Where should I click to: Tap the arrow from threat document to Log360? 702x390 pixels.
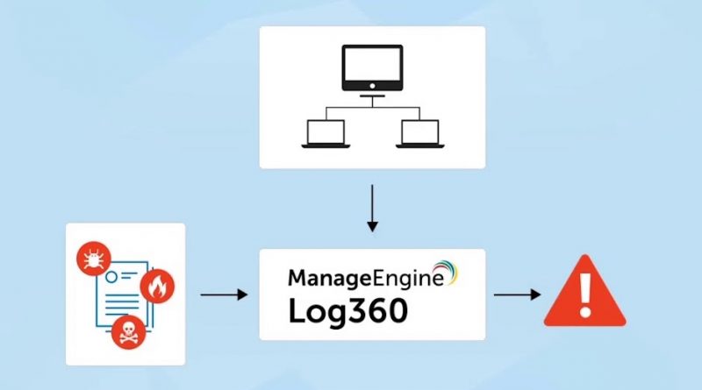[x=224, y=295]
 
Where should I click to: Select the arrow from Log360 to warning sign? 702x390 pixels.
[x=517, y=295]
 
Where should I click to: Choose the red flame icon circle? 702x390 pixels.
[x=158, y=286]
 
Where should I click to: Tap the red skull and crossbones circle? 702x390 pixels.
[x=128, y=332]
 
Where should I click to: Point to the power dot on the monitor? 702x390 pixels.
[x=372, y=87]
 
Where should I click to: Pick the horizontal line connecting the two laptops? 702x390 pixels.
[x=372, y=109]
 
